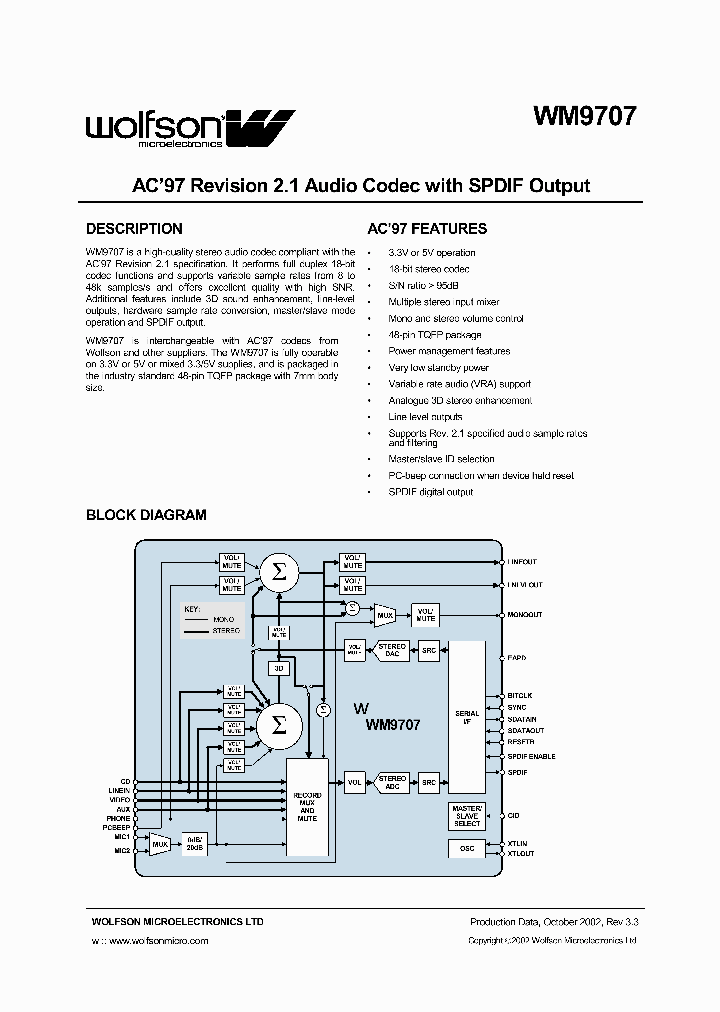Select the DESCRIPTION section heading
[x=134, y=229]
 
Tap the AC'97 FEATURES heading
[x=427, y=229]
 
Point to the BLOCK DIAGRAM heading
[x=146, y=515]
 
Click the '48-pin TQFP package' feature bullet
[x=434, y=335]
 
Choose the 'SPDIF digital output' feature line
[x=430, y=492]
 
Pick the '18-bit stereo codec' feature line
[x=428, y=269]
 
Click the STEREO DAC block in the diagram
[x=391, y=649]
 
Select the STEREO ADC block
[x=391, y=782]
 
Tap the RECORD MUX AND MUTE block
[x=307, y=805]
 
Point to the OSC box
[x=466, y=848]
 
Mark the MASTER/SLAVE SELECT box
[x=466, y=815]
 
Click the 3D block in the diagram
[x=279, y=667]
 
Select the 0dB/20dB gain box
[x=194, y=843]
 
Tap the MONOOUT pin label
[x=524, y=615]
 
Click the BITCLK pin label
[x=519, y=695]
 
